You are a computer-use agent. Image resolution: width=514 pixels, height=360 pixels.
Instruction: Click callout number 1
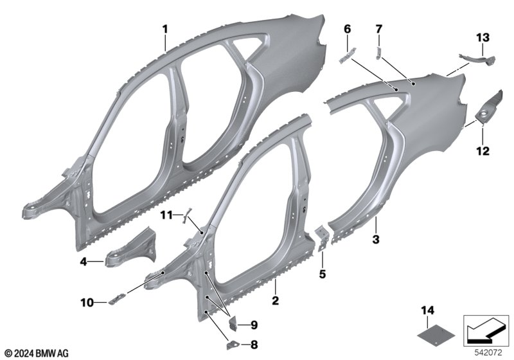165,30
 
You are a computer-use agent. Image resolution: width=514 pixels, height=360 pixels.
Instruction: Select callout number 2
276,300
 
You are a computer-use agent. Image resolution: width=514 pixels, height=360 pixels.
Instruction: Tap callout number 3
376,239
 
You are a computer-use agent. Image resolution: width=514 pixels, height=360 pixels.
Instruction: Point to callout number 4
84,262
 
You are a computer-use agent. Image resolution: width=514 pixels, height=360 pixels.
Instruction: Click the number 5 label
323,274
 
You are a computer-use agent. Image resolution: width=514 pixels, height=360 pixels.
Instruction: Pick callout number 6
347,29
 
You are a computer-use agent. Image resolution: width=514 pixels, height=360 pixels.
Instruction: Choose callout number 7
379,29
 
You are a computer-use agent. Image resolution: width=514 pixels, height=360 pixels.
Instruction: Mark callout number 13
483,37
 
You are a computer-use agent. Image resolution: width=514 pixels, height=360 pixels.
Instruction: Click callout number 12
483,151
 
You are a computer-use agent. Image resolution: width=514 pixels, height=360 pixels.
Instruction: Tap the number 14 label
428,310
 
